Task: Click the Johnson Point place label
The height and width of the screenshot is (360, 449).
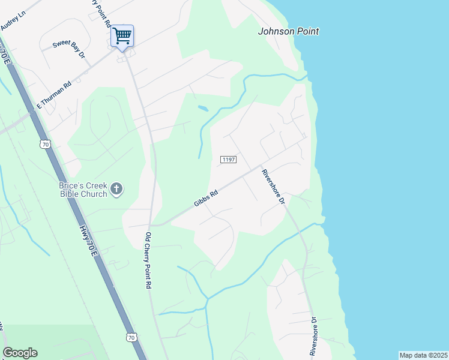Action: pos(288,31)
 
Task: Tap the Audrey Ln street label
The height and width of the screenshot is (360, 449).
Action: pos(13,20)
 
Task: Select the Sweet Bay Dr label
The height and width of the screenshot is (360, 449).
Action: pos(69,48)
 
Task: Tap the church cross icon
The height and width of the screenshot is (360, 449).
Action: pos(116,190)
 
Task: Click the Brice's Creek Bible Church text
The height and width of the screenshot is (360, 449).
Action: pos(83,190)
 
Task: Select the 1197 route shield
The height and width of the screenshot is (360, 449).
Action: pos(229,160)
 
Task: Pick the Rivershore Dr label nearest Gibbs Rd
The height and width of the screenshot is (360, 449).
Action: pos(273,187)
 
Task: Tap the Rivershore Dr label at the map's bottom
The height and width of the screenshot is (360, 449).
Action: pos(313,335)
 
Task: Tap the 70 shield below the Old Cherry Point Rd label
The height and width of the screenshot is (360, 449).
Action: pos(131,338)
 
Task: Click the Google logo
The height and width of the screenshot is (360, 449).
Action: pos(20,353)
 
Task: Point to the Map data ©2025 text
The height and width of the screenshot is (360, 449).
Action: pos(423,355)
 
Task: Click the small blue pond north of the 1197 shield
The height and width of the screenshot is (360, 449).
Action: pos(203,109)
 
